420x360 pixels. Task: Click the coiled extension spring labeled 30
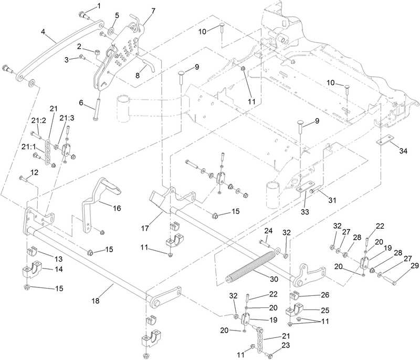coord(252,265)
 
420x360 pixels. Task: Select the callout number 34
coord(403,151)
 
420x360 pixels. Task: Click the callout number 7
coord(153,11)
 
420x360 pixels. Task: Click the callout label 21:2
coord(38,121)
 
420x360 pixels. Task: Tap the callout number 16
coord(117,208)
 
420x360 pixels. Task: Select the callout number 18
coord(96,301)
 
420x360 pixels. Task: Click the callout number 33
coord(305,212)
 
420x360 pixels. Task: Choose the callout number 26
coord(324,295)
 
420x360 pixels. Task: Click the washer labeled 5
coord(111,32)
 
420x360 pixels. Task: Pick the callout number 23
coord(286,345)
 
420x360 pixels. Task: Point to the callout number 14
coord(59,269)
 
